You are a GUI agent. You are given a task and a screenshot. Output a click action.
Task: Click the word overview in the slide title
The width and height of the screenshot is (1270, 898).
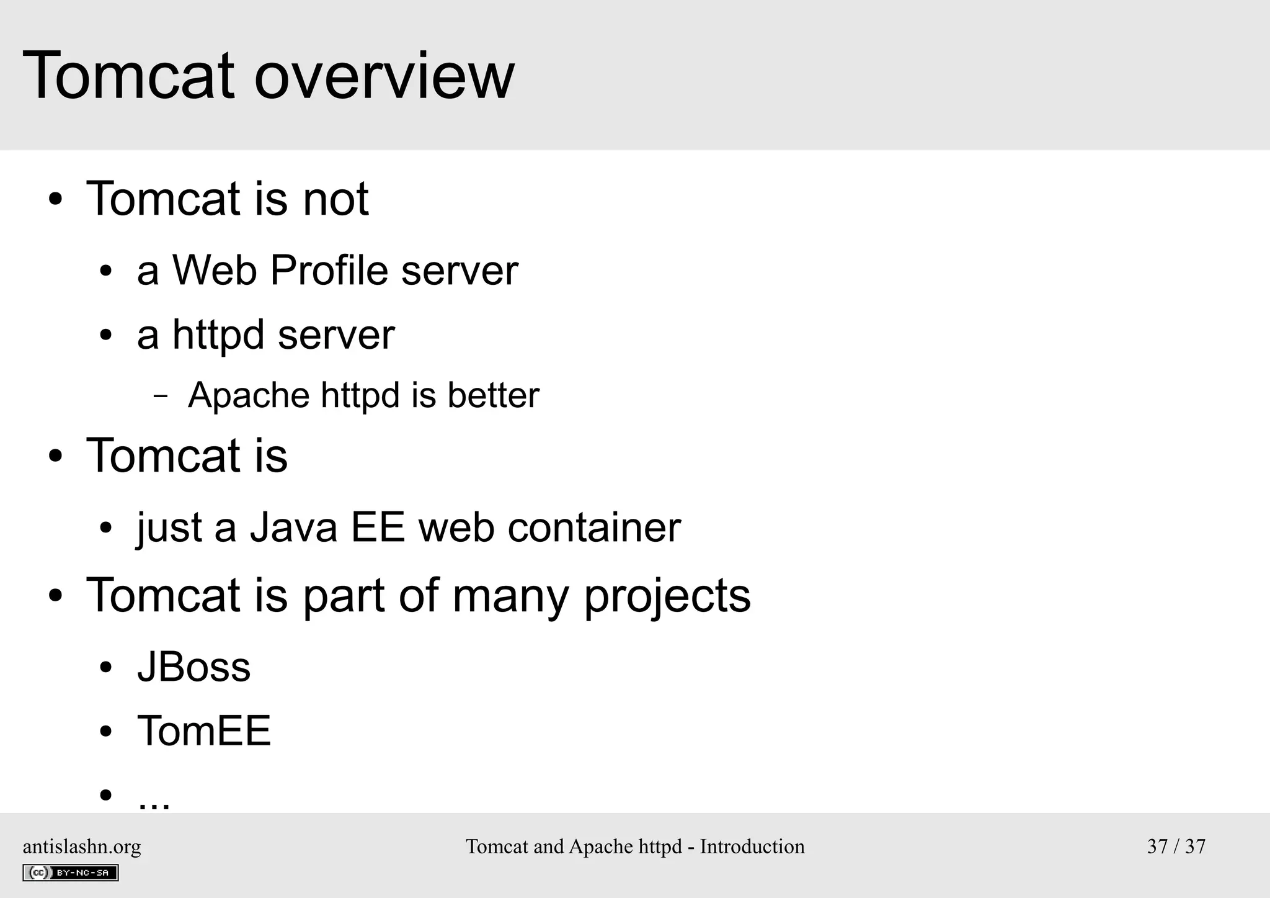[x=384, y=77]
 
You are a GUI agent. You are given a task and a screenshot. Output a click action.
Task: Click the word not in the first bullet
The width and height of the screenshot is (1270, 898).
[x=335, y=199]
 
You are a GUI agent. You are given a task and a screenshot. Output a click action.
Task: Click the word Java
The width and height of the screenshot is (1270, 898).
[x=293, y=528]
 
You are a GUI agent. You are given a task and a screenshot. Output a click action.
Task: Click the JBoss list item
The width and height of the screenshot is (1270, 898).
[x=193, y=668]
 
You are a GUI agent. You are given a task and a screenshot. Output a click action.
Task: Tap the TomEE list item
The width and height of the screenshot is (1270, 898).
[x=203, y=731]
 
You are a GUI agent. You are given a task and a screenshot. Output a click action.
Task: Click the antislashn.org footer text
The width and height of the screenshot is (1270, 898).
[x=82, y=846]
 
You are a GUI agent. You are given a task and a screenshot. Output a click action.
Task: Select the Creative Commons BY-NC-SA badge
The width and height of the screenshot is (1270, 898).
[x=70, y=873]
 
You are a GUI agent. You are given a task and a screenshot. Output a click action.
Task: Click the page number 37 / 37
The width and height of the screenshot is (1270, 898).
[x=1176, y=846]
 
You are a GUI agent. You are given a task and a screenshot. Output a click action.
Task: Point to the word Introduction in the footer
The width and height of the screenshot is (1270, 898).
[x=752, y=846]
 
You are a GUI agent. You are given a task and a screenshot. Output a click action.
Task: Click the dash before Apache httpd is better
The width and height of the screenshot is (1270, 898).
[x=161, y=396]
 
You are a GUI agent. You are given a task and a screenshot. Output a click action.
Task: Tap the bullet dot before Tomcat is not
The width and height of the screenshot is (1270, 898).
[x=56, y=200]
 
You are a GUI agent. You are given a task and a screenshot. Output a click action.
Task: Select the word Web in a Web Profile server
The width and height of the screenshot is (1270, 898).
[x=215, y=271]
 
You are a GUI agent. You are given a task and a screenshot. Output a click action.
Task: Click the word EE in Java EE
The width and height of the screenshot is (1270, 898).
[x=378, y=528]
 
